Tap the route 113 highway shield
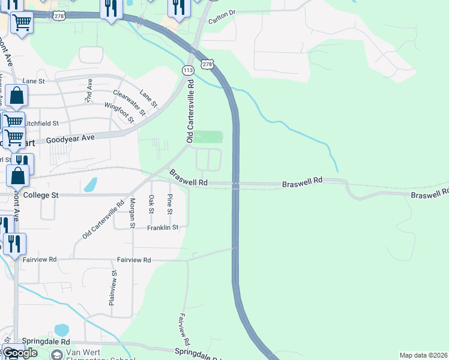click(189, 71)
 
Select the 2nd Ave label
click(89, 89)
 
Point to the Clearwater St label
click(129, 102)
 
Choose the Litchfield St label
click(43, 123)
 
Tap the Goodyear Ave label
click(71, 139)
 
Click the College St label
click(41, 195)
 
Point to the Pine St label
click(170, 204)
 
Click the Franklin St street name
click(163, 227)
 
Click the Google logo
click(20, 353)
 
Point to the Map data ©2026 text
click(423, 355)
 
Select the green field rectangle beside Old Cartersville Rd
click(208, 137)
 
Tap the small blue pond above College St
click(91, 184)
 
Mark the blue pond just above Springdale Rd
click(61, 330)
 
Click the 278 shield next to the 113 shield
click(206, 64)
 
